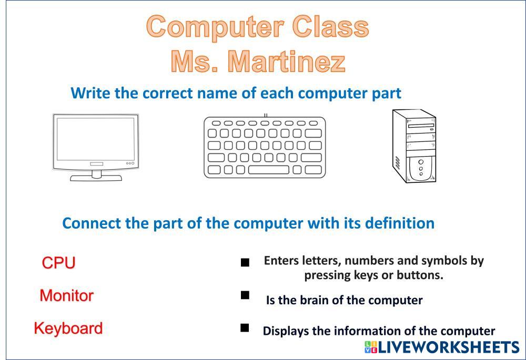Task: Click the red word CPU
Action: click(x=59, y=262)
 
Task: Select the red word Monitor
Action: click(x=66, y=296)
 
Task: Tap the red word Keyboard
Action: click(x=68, y=328)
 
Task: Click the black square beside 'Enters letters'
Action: click(x=245, y=262)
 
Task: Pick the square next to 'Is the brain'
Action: click(x=245, y=295)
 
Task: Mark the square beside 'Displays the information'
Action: click(x=245, y=327)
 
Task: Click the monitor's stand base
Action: click(x=96, y=178)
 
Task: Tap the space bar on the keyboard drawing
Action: click(x=268, y=170)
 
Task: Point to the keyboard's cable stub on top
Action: click(x=266, y=115)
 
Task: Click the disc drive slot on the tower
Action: click(x=421, y=126)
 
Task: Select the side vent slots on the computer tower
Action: click(x=397, y=163)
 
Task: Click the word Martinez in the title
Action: click(x=287, y=61)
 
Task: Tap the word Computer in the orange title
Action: click(x=215, y=27)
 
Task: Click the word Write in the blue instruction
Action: click(x=90, y=93)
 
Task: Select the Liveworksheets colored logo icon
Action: click(x=371, y=347)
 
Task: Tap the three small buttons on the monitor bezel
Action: click(x=130, y=163)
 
